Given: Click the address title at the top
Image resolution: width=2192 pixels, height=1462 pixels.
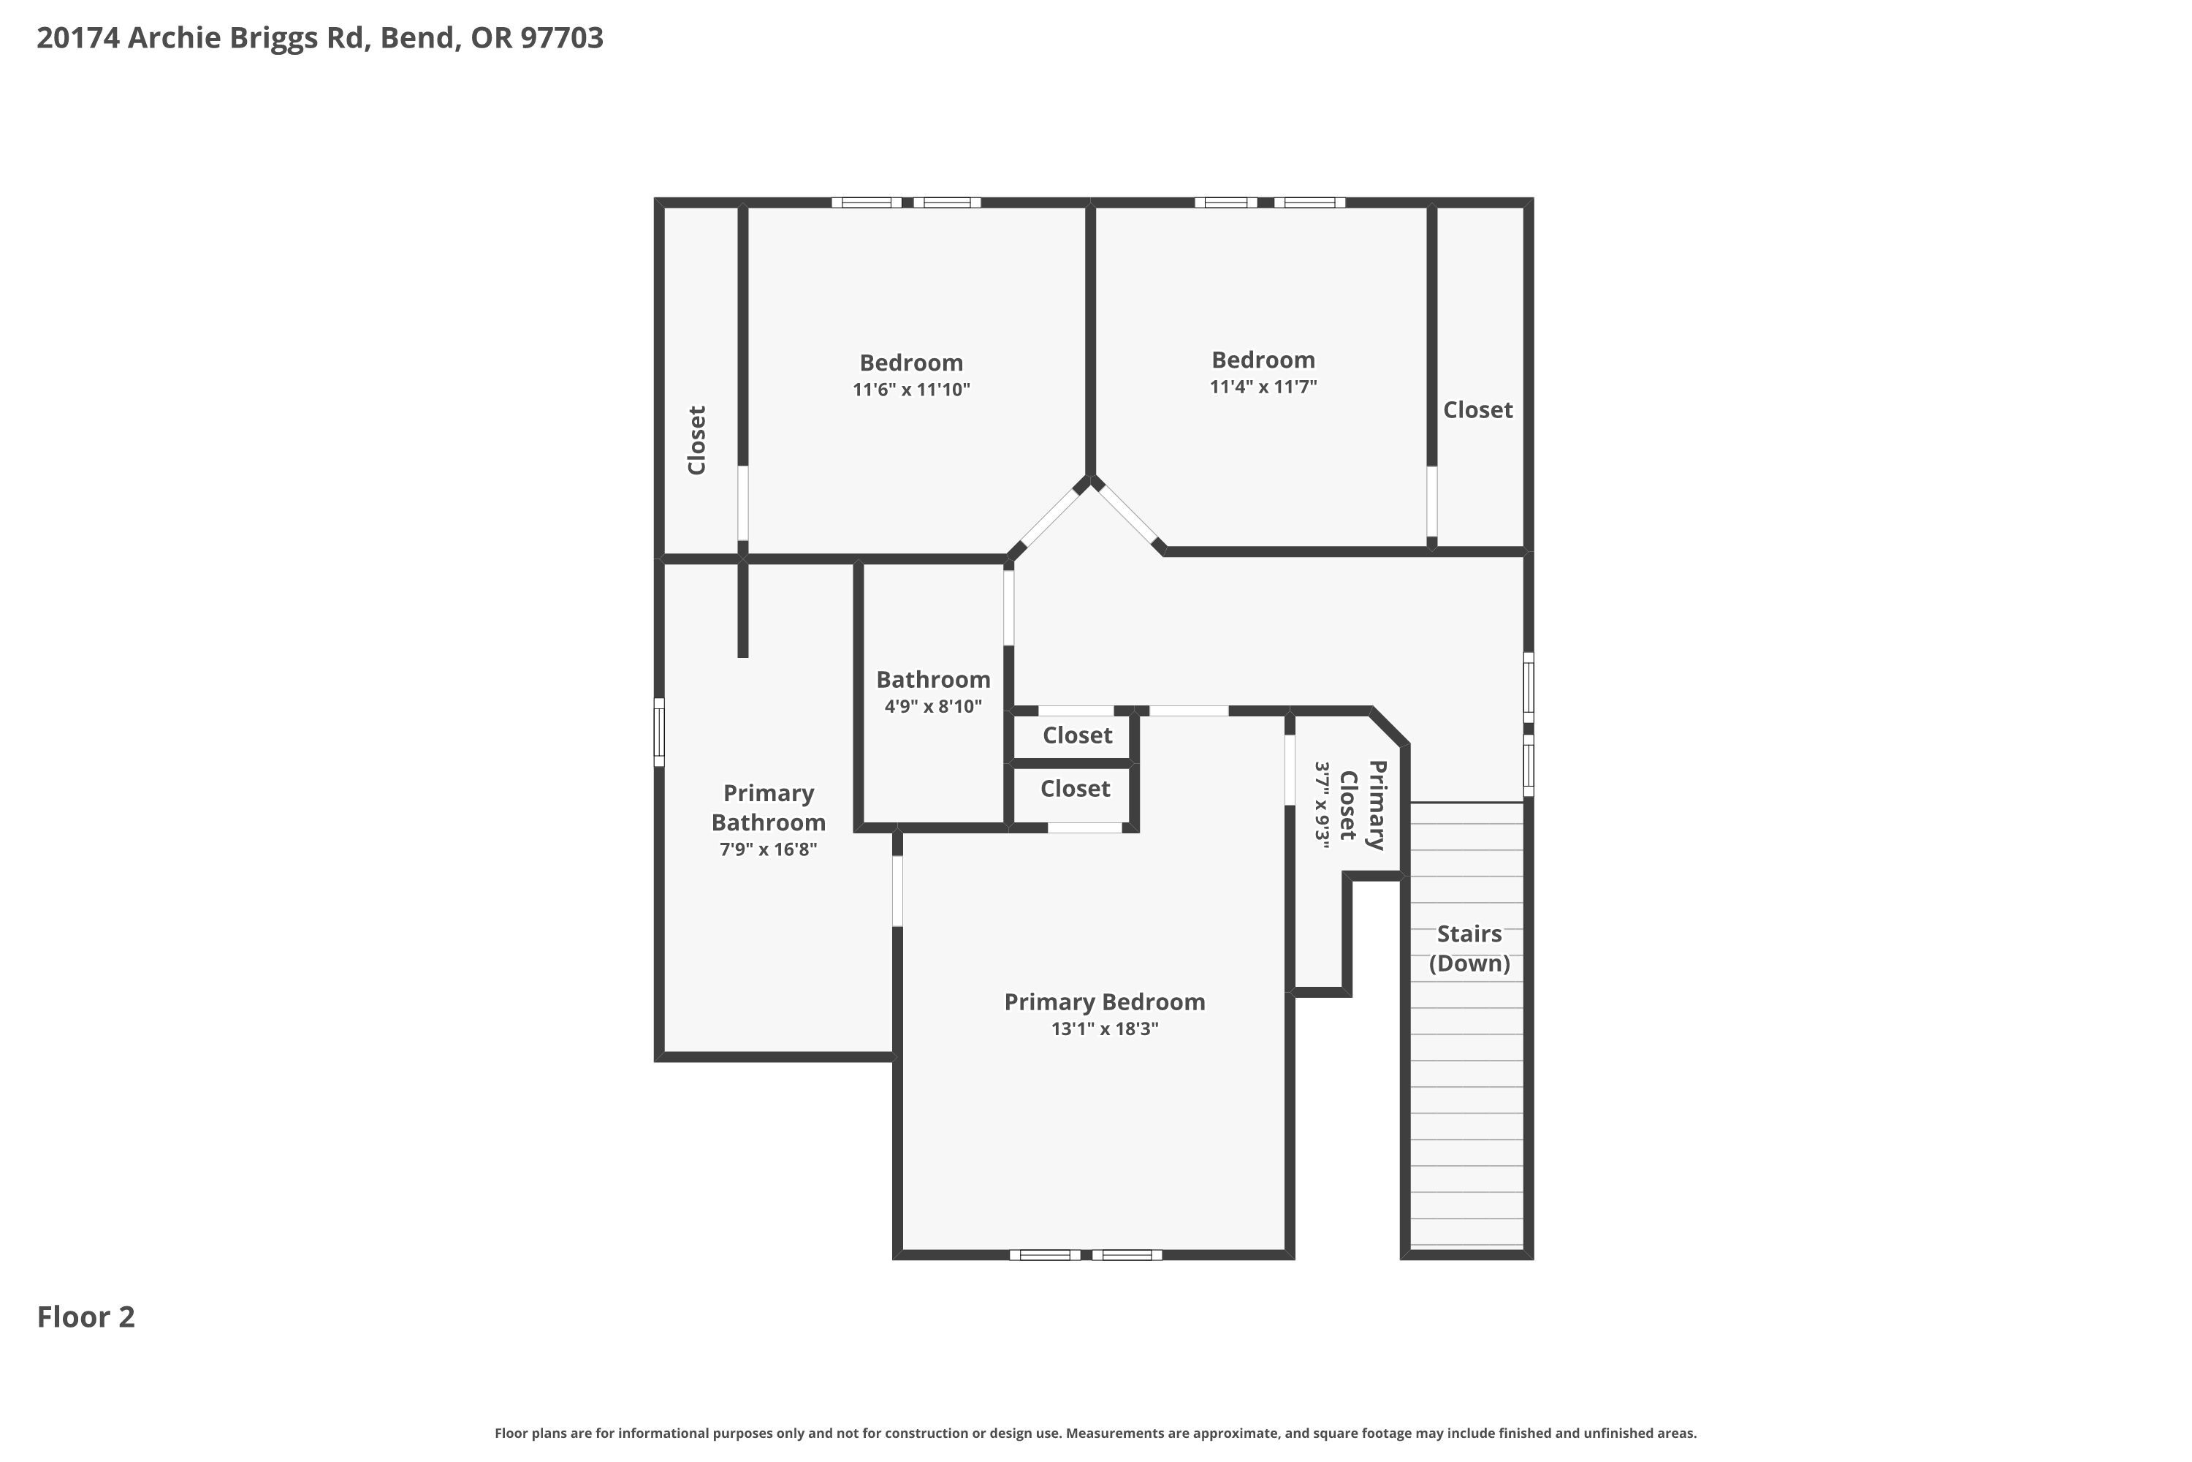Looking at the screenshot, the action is click(x=320, y=38).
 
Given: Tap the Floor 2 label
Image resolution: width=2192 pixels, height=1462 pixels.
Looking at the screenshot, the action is click(x=85, y=1317).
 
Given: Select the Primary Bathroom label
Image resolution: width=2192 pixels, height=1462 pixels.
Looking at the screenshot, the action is click(x=769, y=808).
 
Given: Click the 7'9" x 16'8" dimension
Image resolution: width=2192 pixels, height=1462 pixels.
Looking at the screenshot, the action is click(x=769, y=849).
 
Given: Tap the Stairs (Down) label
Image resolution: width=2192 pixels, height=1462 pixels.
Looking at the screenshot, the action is click(x=1469, y=948).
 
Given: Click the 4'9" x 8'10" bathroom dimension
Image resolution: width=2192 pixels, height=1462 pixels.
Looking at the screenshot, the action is click(x=933, y=707).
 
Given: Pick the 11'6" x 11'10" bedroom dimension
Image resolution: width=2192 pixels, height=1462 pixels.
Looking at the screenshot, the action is click(x=911, y=390).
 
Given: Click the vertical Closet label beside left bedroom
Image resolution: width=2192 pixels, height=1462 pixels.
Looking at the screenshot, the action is click(x=697, y=440).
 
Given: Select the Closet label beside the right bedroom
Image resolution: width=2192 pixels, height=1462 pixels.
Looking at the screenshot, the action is click(x=1478, y=410).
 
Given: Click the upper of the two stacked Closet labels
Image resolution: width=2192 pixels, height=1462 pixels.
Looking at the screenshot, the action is click(x=1077, y=735).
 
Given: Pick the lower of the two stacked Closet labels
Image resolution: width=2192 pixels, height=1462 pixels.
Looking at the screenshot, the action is click(x=1076, y=789).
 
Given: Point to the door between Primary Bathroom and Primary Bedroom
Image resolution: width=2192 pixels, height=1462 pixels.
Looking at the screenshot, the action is click(x=897, y=890).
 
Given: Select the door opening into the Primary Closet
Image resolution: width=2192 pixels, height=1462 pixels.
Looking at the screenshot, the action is click(x=1290, y=770).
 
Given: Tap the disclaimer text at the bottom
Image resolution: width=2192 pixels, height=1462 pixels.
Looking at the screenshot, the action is click(x=1096, y=1433).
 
